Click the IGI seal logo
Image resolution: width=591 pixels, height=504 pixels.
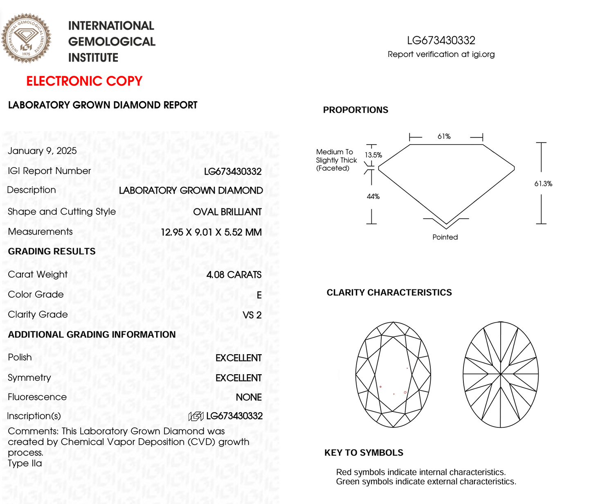click(26, 38)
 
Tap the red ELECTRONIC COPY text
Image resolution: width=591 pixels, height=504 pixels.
click(84, 81)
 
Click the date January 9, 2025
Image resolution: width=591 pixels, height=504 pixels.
click(42, 151)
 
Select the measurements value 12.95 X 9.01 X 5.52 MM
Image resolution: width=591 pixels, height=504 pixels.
click(211, 233)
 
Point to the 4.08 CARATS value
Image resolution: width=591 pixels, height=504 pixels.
click(234, 275)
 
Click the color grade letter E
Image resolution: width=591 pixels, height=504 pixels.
click(259, 295)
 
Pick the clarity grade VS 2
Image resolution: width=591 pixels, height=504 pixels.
click(252, 315)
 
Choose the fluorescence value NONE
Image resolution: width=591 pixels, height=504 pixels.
click(249, 397)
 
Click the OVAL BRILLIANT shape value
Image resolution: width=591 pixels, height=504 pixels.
click(227, 212)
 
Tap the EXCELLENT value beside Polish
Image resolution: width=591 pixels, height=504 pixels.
click(238, 358)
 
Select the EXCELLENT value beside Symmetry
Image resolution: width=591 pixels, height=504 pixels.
click(238, 378)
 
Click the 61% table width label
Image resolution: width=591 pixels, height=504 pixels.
click(444, 136)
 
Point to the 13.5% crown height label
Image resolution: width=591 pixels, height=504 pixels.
click(373, 155)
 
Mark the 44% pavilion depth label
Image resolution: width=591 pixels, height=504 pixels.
click(373, 197)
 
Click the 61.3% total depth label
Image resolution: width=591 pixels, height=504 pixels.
click(543, 184)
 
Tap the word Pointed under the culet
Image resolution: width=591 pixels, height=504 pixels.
click(445, 237)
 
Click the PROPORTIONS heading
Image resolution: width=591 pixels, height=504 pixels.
click(355, 110)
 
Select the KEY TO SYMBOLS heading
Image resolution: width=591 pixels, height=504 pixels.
click(364, 452)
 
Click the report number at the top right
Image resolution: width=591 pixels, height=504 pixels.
click(441, 41)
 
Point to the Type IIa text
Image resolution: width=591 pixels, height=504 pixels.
click(25, 463)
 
